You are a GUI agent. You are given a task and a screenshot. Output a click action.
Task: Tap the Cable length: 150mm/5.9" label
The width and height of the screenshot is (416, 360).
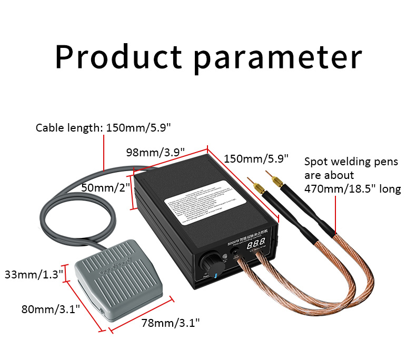103,127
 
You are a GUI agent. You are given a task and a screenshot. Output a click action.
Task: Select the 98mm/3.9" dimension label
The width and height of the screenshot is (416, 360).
155,153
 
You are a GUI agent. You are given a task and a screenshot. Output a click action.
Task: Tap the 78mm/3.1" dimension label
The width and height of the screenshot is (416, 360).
171,323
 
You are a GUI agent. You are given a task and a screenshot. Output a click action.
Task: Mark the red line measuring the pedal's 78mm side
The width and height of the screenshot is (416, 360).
141,315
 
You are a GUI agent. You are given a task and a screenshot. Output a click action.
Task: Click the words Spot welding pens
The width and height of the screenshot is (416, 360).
351,162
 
